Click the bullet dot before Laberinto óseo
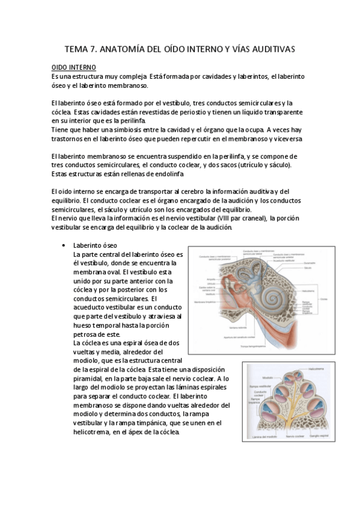pos(64,246)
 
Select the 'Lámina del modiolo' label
pos(261,437)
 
